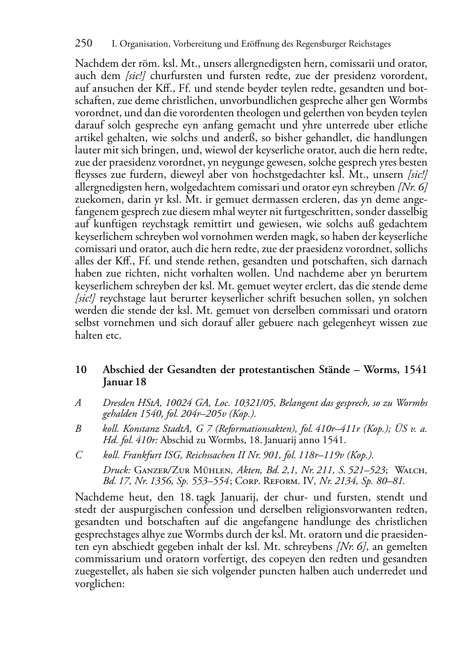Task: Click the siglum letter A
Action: click(78, 403)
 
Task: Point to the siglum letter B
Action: click(78, 429)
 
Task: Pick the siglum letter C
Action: click(79, 455)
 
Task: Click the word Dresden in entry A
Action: click(118, 403)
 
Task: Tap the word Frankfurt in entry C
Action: click(142, 455)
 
